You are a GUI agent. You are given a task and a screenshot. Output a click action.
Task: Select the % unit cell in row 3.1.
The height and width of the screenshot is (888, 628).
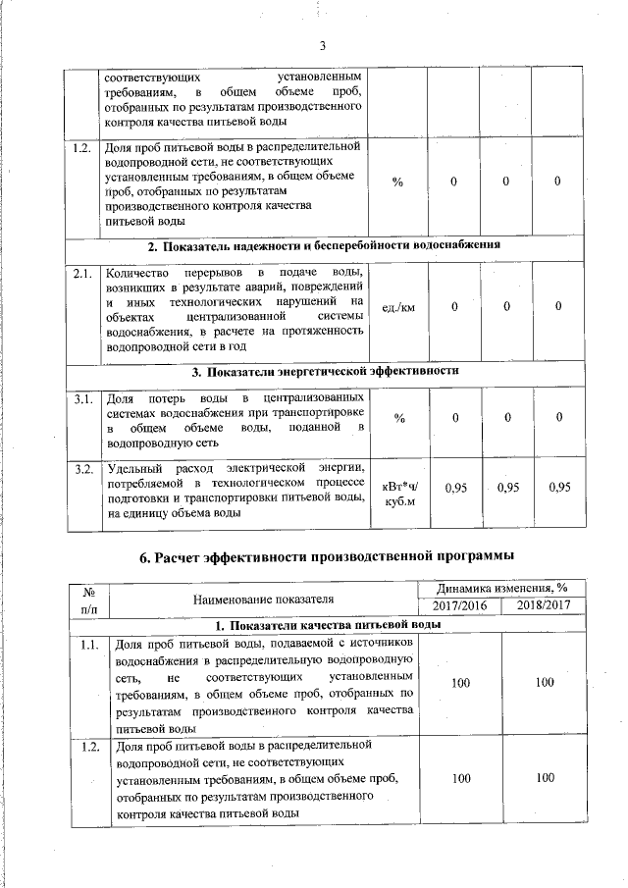click(x=399, y=419)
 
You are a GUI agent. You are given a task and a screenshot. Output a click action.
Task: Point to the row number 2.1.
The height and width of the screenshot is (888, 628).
click(x=83, y=273)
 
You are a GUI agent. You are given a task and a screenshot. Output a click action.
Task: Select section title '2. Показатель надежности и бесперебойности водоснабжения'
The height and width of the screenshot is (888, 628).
click(x=325, y=245)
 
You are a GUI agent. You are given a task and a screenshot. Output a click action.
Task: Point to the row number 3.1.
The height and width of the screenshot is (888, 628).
click(x=83, y=398)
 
